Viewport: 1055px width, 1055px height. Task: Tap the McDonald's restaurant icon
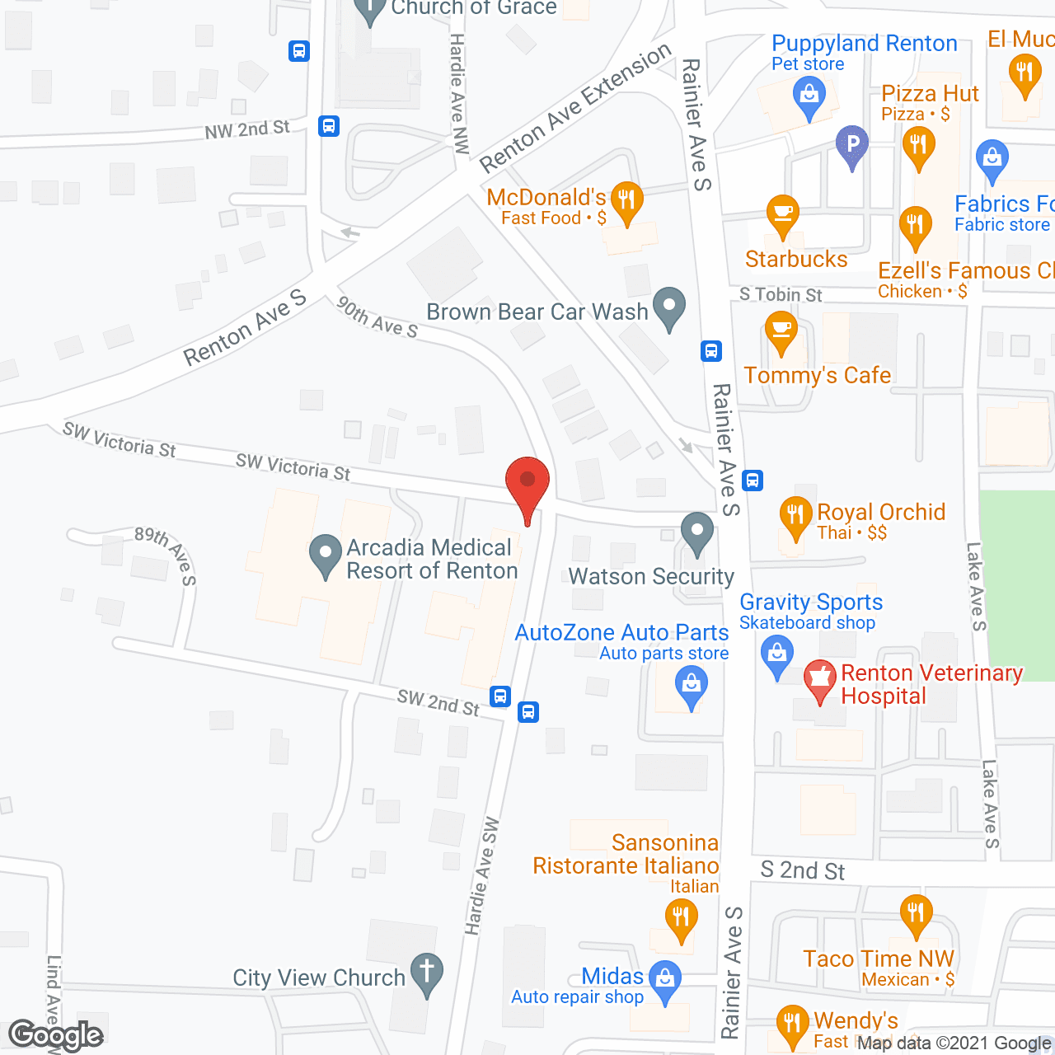(x=627, y=201)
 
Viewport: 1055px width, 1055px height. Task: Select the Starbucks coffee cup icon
(x=781, y=214)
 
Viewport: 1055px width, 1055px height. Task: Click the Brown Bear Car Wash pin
(x=669, y=307)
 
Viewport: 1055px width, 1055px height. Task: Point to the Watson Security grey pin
(x=697, y=532)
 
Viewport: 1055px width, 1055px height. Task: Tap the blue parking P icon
(x=852, y=145)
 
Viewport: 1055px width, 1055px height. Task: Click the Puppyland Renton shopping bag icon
(x=809, y=96)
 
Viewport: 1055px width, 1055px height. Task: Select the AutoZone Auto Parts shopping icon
(x=692, y=686)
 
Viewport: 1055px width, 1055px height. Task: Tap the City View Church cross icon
(x=427, y=973)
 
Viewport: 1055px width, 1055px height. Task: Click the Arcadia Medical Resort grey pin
(x=326, y=554)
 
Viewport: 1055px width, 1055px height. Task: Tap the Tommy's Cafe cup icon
(x=781, y=331)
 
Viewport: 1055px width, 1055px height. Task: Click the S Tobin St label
(x=781, y=295)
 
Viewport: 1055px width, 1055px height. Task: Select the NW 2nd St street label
(x=247, y=130)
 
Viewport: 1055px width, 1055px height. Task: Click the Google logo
(x=55, y=1035)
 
